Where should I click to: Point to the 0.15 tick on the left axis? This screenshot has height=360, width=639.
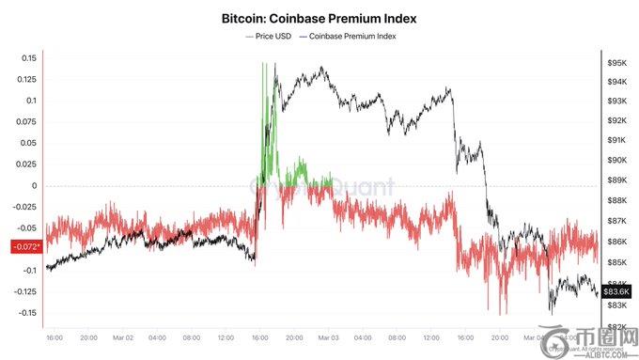[x=28, y=58]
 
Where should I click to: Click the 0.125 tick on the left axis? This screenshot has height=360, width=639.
[x=25, y=80]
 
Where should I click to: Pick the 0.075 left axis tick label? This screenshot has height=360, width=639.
[x=25, y=122]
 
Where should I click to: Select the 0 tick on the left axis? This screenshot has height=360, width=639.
[x=34, y=185]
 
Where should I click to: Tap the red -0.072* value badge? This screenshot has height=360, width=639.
[x=23, y=247]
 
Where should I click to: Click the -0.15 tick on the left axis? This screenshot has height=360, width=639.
[x=25, y=313]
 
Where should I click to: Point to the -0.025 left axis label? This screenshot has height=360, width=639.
[x=23, y=207]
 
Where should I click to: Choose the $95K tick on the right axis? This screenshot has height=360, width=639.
[x=617, y=63]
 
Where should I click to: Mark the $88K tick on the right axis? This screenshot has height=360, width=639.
[x=617, y=200]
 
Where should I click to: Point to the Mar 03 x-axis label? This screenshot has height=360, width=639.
[x=327, y=337]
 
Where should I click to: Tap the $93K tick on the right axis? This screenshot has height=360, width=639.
[x=617, y=102]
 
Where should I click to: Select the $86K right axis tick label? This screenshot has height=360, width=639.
[x=617, y=242]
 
